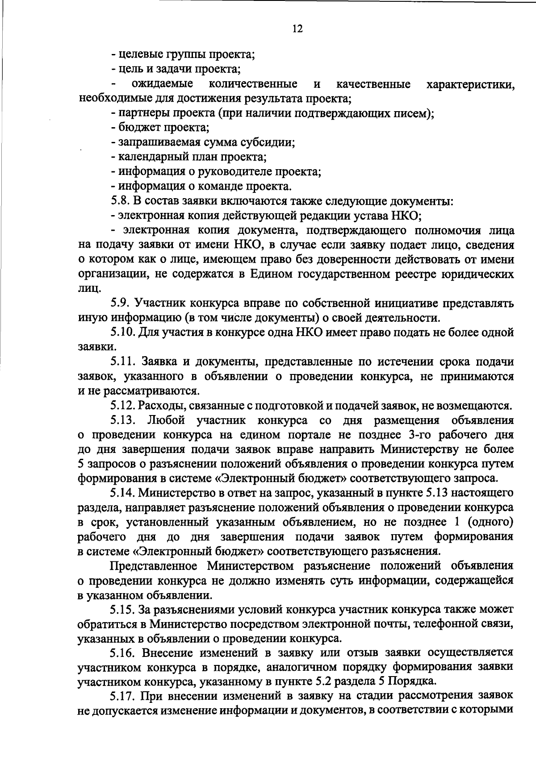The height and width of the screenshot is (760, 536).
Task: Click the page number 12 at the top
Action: (x=297, y=29)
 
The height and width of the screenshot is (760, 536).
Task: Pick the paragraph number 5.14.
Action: (x=123, y=493)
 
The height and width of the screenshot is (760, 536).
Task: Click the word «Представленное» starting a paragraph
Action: (x=154, y=566)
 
